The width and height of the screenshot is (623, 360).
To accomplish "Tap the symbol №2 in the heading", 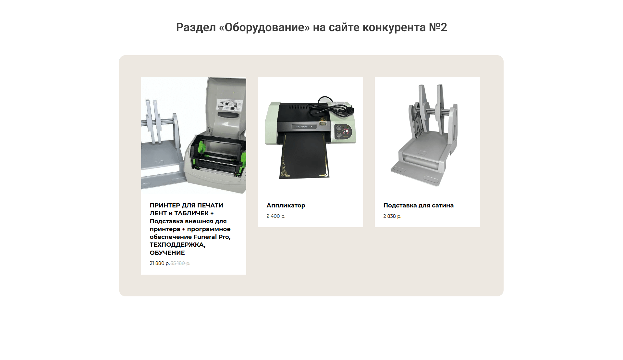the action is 438,27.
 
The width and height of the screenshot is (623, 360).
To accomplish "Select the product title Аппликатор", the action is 286,205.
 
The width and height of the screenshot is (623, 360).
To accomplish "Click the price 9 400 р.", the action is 276,216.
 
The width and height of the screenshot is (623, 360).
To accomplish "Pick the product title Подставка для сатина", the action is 418,205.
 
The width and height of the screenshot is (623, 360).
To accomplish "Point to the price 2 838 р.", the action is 392,216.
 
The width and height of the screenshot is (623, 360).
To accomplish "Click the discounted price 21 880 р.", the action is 160,263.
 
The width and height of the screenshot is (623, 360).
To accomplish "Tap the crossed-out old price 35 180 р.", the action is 180,263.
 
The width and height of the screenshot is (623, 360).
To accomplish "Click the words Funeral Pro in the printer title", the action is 212,237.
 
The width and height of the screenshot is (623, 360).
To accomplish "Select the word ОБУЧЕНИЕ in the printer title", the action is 167,253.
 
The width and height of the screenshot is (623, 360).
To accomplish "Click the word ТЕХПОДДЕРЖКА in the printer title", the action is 177,245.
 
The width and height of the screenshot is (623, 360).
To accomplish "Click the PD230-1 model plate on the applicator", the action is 304,127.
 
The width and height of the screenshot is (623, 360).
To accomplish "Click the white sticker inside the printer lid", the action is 230,105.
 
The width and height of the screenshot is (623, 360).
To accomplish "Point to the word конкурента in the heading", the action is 394,28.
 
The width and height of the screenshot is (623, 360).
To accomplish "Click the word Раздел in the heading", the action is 196,28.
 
